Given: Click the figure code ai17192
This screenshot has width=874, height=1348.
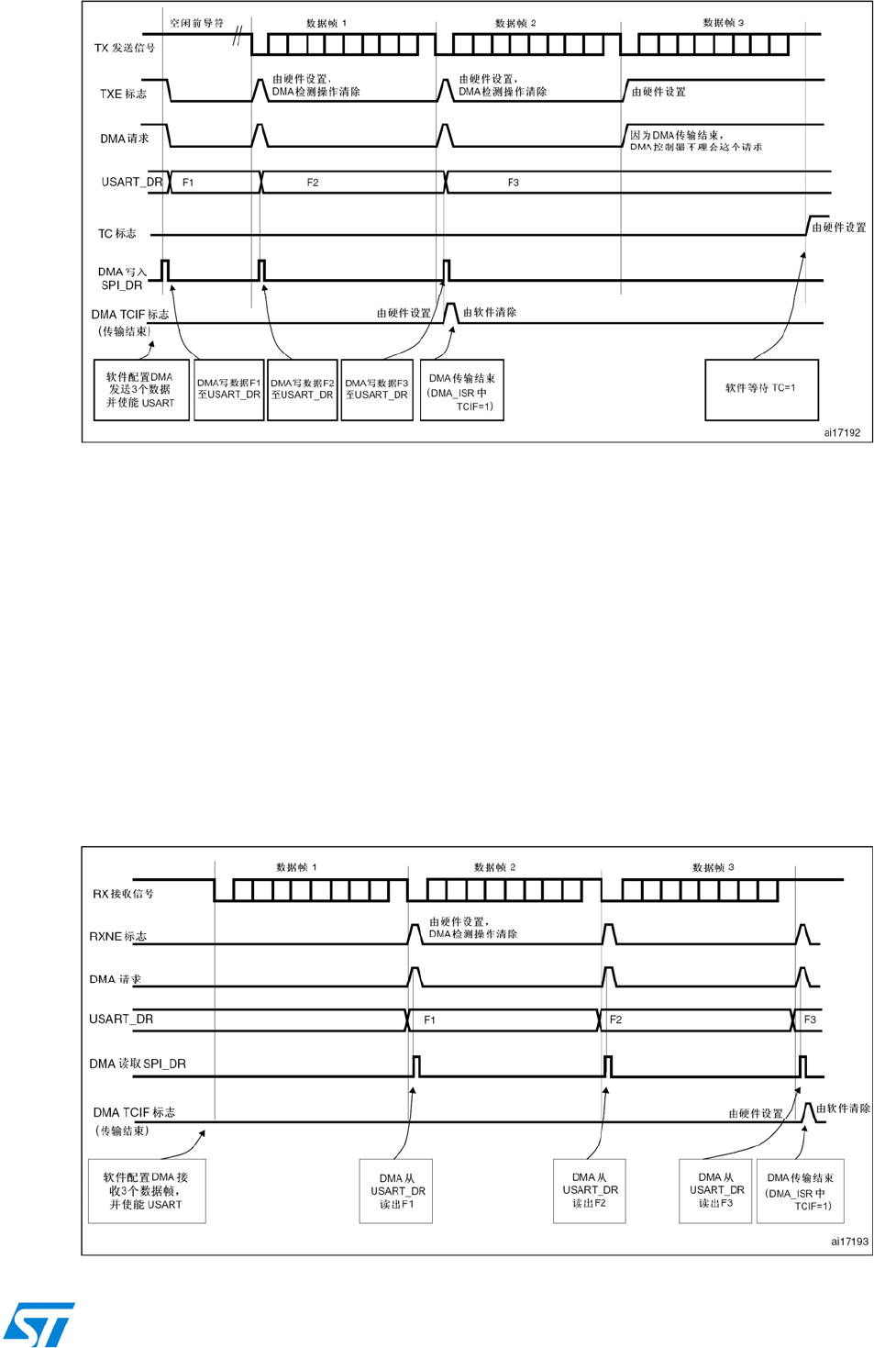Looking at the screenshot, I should tap(841, 432).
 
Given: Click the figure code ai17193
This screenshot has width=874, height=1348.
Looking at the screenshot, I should tap(848, 1242).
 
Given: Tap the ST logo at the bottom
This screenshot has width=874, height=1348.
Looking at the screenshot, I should tap(39, 1324).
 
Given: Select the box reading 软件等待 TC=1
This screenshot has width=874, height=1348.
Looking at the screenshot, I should tap(760, 389).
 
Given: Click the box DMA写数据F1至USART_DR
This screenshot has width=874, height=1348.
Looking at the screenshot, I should tap(229, 389).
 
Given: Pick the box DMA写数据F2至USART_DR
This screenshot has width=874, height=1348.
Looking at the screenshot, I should tap(302, 389).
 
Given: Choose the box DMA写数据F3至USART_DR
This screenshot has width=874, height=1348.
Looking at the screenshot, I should tap(376, 389).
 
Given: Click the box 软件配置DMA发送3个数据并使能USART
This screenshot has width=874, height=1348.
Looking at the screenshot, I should tap(141, 389).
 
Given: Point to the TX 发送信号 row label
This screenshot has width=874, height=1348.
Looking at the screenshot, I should tap(125, 48).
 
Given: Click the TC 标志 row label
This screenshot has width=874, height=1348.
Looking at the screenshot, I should tap(117, 234).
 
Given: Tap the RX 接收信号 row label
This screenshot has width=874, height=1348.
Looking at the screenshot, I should tap(123, 894).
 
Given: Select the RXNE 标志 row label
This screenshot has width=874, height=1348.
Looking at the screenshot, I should tap(117, 936).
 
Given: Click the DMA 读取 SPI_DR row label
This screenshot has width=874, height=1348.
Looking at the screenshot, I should tap(138, 1064).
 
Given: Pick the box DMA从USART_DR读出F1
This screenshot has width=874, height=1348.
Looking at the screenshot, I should tap(396, 1191).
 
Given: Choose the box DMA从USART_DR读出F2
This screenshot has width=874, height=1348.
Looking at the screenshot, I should tap(590, 1190).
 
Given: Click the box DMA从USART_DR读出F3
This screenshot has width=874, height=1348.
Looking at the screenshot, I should tap(715, 1190).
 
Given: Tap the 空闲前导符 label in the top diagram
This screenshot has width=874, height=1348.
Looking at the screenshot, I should tap(196, 23).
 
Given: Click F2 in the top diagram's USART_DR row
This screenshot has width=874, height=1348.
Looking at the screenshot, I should tap(313, 183).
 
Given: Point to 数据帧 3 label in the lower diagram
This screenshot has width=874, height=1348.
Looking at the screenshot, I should tap(713, 867).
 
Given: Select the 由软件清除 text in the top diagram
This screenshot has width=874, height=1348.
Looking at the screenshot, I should tap(489, 313).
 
